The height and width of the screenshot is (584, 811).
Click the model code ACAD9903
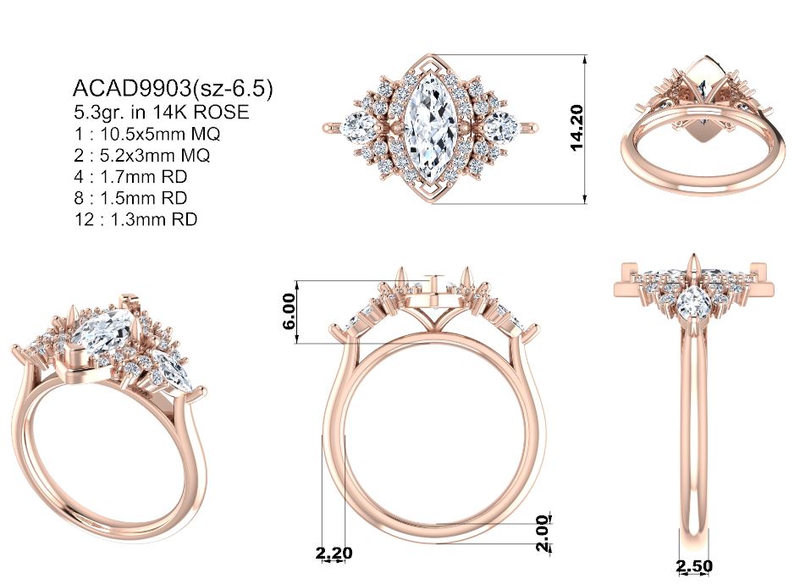tap(132, 89)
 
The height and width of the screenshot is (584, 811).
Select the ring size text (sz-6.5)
tap(232, 89)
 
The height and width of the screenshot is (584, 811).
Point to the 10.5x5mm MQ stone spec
tap(160, 134)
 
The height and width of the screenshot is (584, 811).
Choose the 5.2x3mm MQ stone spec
tap(155, 155)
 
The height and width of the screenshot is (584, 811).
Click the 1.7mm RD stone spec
tap(143, 177)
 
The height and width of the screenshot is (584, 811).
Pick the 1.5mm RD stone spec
tap(143, 198)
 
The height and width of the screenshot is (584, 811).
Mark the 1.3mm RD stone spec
tap(153, 219)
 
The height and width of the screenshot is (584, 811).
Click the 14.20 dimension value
tap(577, 128)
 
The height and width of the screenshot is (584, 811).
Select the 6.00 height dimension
tap(290, 311)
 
